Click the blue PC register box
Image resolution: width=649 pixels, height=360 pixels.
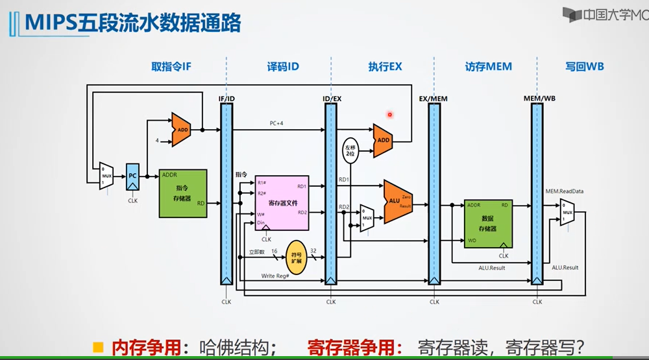click(x=132, y=176)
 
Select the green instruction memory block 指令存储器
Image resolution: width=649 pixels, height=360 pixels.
click(x=183, y=193)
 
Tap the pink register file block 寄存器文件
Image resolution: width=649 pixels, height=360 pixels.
click(x=282, y=202)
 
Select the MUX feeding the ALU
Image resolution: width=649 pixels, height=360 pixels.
click(x=367, y=218)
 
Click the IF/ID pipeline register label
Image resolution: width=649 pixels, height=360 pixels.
click(x=227, y=99)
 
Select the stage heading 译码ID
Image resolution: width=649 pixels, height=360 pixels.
click(x=283, y=66)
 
